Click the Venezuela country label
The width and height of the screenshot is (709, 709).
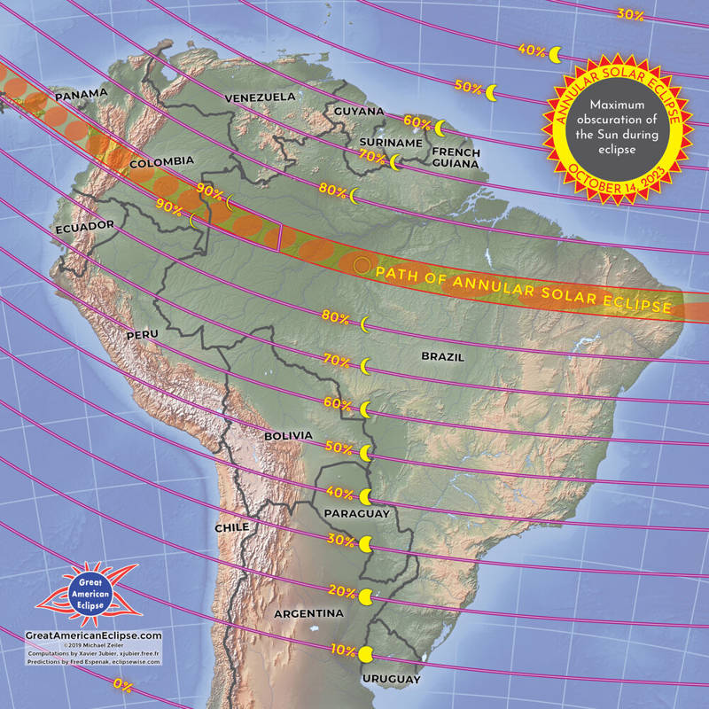260,97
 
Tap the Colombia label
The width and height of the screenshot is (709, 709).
161,161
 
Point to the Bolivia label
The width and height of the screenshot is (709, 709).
289,436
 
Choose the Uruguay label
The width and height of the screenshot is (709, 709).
391,679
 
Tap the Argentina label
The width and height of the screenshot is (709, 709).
308,613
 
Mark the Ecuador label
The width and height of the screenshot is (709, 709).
85,226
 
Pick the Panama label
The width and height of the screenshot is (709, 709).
82,94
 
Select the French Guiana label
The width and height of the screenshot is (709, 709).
456,158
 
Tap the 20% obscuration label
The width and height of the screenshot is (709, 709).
342,591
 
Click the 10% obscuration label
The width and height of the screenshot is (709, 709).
343,650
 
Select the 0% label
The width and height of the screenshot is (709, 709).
123,683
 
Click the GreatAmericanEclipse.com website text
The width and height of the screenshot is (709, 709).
94,635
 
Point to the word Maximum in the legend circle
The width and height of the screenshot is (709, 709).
619,104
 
